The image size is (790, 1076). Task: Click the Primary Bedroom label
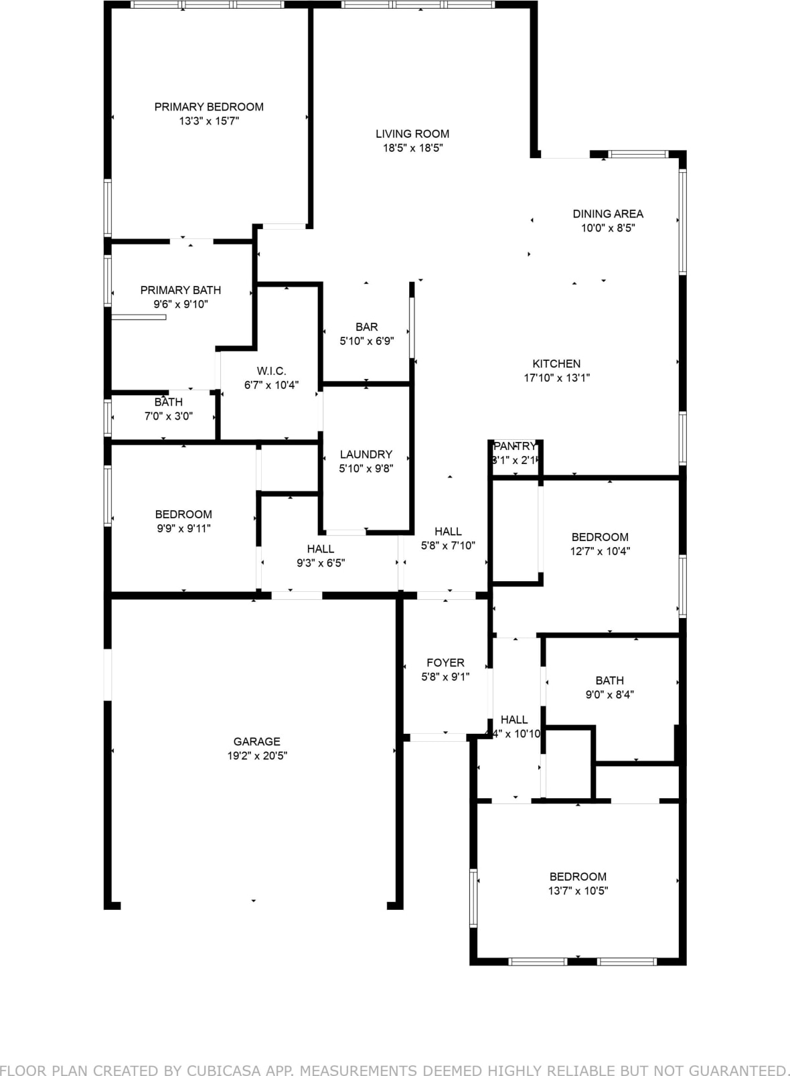209,107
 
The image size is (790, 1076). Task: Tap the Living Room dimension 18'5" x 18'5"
412,148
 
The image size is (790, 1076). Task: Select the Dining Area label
608,214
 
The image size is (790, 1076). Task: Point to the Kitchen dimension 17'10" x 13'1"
556,378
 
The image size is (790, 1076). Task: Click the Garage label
256,741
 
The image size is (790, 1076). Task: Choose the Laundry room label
366,454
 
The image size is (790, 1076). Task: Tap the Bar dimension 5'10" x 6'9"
366,341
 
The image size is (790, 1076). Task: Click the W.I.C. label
271,371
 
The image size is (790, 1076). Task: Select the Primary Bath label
180,290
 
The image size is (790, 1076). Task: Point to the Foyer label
445,663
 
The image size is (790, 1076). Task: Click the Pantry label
515,446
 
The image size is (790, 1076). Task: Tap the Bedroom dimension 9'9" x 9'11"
183,528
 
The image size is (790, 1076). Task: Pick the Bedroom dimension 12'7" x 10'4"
600,551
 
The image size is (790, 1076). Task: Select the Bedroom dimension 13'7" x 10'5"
578,891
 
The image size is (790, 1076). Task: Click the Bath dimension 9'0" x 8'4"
609,694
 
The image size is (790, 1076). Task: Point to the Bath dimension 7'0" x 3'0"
168,416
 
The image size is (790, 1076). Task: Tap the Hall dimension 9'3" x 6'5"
321,563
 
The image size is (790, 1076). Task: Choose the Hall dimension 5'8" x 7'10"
448,546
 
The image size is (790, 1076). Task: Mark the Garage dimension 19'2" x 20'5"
256,756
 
